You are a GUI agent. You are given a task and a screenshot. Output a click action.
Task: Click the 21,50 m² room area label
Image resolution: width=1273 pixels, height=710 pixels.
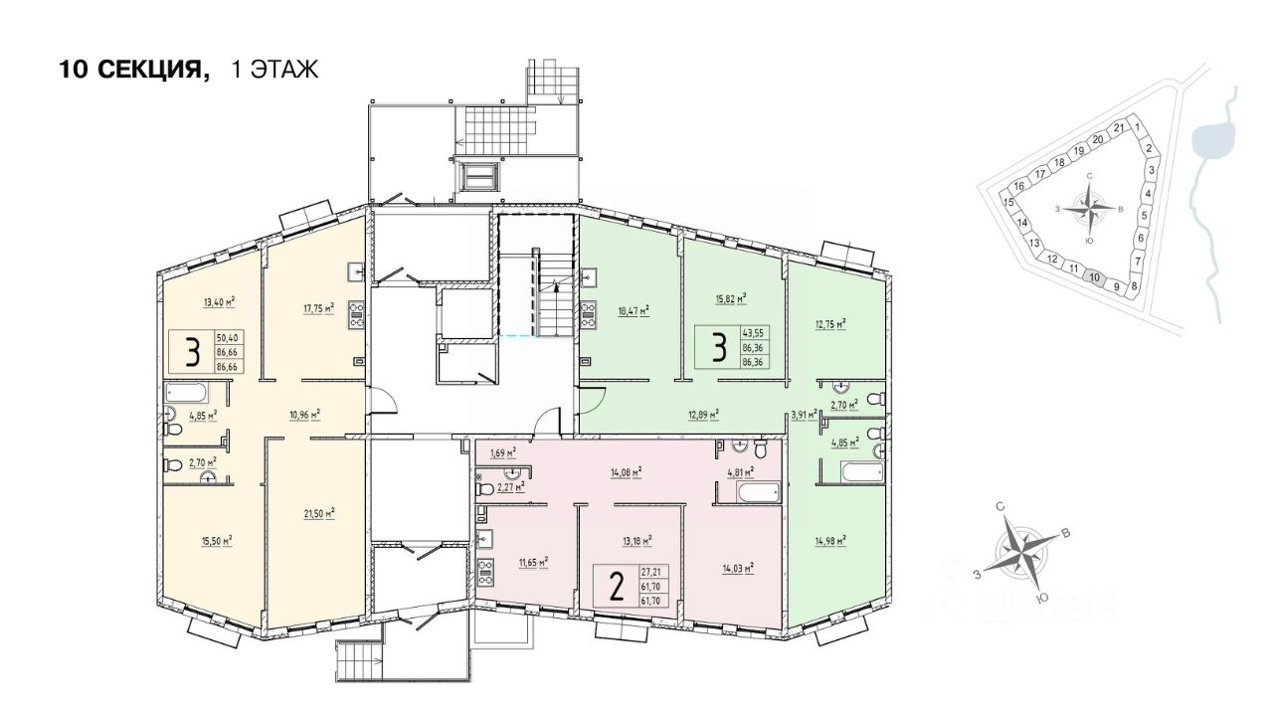click(x=318, y=513)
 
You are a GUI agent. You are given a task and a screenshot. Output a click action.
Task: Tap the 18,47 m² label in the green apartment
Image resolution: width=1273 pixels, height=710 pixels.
click(x=633, y=310)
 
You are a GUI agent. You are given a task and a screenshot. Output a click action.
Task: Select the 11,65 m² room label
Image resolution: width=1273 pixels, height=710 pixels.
click(x=533, y=561)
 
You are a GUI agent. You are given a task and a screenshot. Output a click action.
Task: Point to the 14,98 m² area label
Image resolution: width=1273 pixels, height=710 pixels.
click(x=829, y=540)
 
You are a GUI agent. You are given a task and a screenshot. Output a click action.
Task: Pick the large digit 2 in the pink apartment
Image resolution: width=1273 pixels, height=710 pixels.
click(x=617, y=588)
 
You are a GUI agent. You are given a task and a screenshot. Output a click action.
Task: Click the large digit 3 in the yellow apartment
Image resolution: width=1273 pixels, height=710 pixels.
click(x=192, y=352)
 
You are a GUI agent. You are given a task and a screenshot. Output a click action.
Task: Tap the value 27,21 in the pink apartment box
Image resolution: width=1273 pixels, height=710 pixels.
click(x=651, y=572)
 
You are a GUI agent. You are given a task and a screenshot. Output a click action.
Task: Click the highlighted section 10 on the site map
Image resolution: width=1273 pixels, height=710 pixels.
click(x=1094, y=277)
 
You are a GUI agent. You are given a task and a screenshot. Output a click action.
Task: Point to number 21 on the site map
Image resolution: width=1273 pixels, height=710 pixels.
click(x=1119, y=128)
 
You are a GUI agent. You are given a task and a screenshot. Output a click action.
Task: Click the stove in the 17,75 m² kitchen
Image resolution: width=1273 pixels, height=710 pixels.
click(x=355, y=315)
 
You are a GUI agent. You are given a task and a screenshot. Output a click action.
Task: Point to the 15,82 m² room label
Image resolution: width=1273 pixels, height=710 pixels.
click(x=730, y=297)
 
